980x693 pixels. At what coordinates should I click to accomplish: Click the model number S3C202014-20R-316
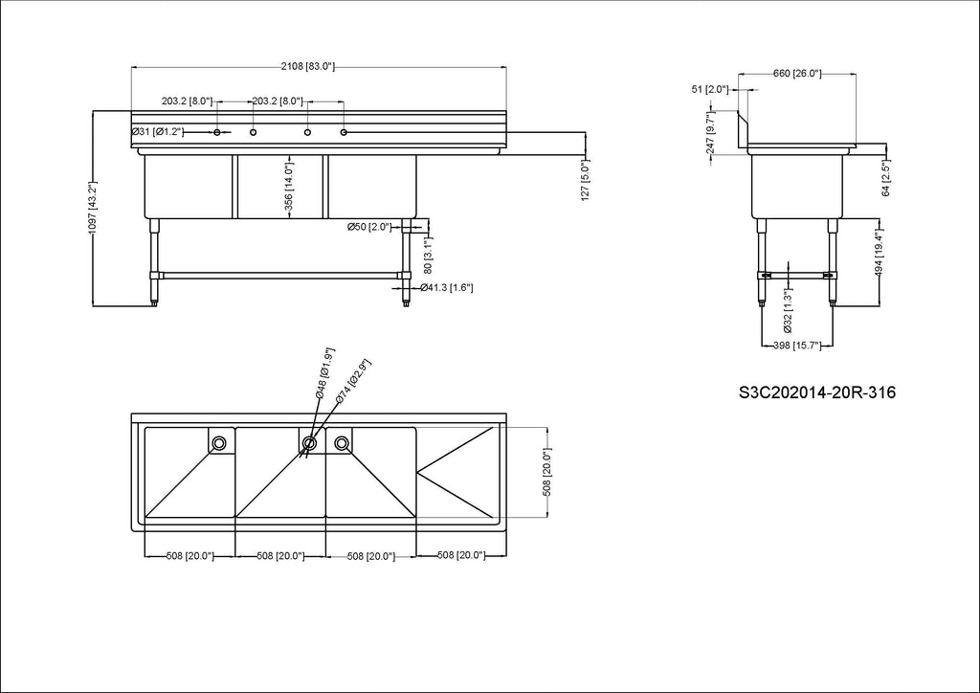[x=817, y=392]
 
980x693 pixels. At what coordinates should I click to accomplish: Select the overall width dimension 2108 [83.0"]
[x=308, y=66]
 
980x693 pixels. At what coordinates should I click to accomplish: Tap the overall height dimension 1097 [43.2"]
[x=92, y=209]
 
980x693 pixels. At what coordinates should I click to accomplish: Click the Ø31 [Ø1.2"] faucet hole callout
[x=157, y=132]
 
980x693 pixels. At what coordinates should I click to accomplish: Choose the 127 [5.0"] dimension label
[x=585, y=179]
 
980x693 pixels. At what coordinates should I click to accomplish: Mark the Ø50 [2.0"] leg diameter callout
[x=368, y=226]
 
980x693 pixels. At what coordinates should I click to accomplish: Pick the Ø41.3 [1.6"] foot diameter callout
[x=447, y=287]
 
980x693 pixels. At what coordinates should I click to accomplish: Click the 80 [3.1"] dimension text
[x=428, y=255]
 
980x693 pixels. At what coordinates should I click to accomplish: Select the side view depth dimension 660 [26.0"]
[x=797, y=74]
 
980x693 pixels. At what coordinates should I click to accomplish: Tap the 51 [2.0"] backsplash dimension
[x=709, y=89]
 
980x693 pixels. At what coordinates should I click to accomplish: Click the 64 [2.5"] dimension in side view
[x=886, y=177]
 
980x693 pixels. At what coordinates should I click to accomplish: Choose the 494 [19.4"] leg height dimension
[x=879, y=253]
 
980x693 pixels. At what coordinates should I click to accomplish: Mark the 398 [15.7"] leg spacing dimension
[x=797, y=345]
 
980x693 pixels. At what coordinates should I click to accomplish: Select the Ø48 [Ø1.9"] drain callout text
[x=325, y=373]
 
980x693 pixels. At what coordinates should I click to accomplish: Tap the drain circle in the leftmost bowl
[x=219, y=443]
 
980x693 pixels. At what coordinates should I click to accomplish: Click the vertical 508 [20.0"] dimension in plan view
[x=546, y=473]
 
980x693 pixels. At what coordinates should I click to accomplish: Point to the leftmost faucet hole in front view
[x=217, y=132]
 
